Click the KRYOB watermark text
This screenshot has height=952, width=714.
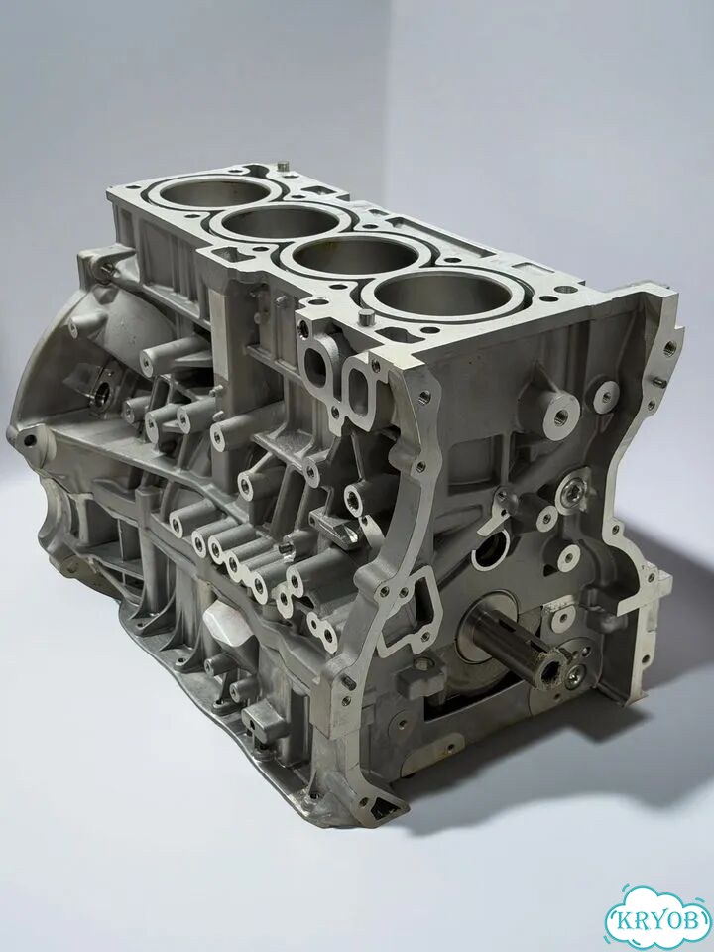click(x=659, y=919)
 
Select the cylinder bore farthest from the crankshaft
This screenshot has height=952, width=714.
click(x=215, y=193)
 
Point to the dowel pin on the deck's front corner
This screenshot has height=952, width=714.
click(x=366, y=317)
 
